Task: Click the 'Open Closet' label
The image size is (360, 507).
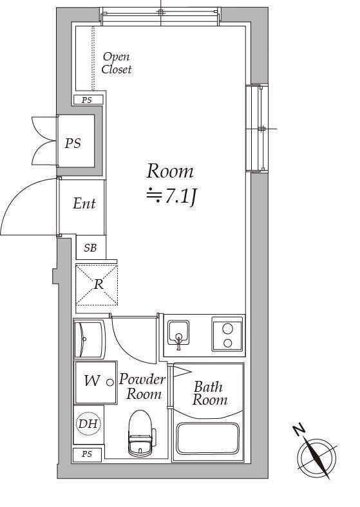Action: pos(117,63)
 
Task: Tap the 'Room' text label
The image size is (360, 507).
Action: pos(170,171)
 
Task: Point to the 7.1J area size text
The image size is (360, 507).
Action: pos(171,196)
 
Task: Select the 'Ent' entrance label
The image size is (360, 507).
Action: pos(84,204)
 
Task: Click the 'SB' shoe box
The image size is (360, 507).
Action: pos(90,247)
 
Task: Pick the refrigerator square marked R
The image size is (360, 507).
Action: pos(97,284)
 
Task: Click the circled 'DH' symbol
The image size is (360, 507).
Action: pos(88,424)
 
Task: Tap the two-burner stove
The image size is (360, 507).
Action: pos(227,335)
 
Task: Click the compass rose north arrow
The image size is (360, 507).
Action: pos(316,457)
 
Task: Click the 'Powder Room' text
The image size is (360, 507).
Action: pos(142,387)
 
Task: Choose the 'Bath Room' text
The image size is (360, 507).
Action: pos(209,393)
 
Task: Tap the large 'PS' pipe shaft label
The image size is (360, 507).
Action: pos(73,143)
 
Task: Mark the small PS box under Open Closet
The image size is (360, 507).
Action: pos(86,100)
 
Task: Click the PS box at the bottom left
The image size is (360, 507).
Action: pos(86,454)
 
